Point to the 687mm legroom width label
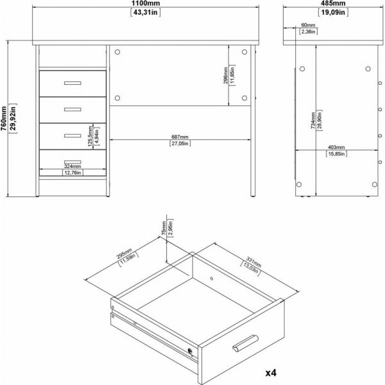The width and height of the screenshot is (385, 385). (x=180, y=137)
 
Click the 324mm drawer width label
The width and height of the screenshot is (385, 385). (x=71, y=166)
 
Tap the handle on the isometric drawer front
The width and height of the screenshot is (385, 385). (x=244, y=345)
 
